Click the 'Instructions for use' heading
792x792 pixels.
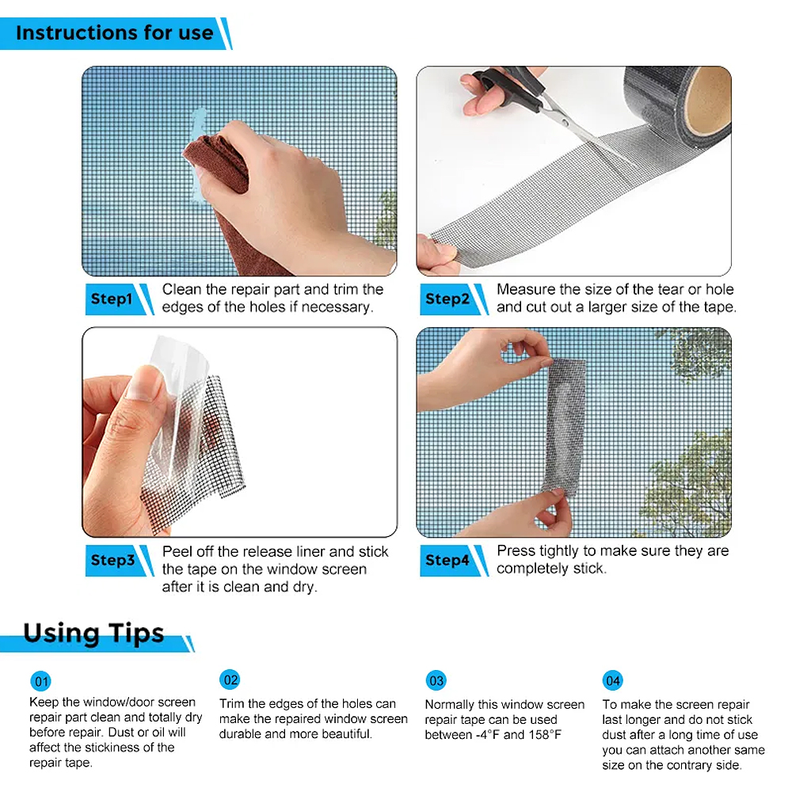click(115, 32)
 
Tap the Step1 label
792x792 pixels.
click(112, 299)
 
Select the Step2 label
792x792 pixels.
click(447, 299)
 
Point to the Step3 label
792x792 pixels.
click(112, 560)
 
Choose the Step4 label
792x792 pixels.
click(447, 560)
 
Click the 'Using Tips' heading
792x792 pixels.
click(94, 633)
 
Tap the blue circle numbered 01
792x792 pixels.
click(41, 681)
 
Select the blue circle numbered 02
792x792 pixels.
click(230, 680)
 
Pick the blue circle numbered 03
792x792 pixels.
click(436, 680)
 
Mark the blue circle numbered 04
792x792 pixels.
click(613, 680)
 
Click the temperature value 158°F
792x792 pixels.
click(546, 734)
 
